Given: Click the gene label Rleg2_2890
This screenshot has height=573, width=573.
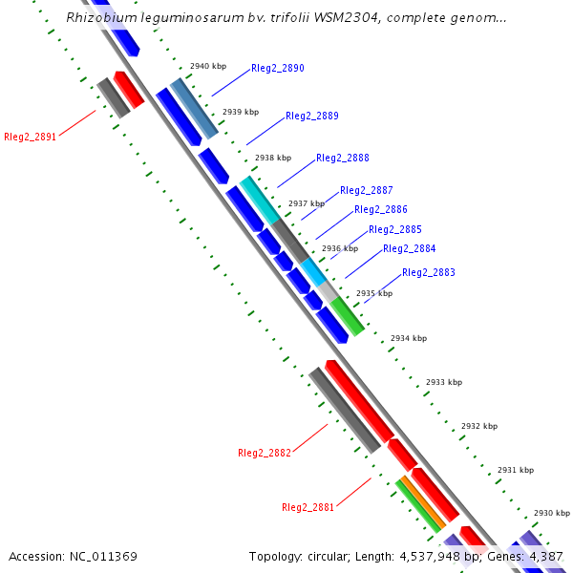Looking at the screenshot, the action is [278, 69].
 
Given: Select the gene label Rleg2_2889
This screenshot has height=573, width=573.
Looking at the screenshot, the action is [312, 117].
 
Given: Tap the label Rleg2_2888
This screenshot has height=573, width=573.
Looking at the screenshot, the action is [343, 159].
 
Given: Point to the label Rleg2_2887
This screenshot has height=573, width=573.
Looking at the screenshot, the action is [367, 191].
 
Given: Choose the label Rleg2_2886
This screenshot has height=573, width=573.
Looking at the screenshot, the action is [381, 210].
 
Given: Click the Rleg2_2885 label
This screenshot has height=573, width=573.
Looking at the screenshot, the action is [395, 230].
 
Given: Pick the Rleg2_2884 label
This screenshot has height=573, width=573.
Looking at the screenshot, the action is [410, 249].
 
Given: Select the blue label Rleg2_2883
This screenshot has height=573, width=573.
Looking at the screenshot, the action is [429, 273].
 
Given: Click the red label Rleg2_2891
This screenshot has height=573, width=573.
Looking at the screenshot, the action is [31, 137].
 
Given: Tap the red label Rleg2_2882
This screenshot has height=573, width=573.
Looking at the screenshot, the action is [265, 453].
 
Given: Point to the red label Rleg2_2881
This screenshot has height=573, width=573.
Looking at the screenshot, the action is [308, 507].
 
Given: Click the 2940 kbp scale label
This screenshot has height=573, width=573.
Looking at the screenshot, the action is [208, 67].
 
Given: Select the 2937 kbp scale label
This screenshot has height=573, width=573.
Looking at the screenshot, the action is [307, 203].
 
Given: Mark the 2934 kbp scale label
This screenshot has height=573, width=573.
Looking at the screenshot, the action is [409, 339].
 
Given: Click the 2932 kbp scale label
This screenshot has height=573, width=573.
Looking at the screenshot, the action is [479, 427].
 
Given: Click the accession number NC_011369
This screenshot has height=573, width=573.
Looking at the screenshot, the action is [103, 557].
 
